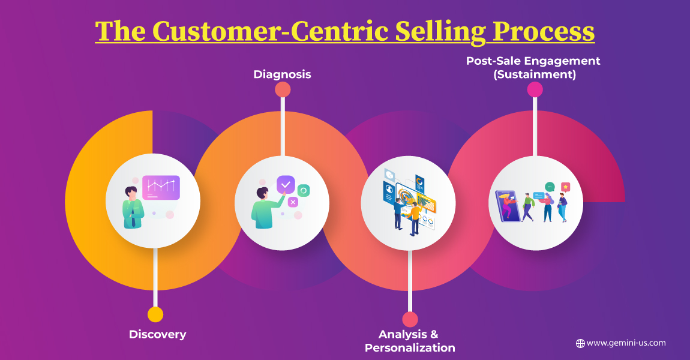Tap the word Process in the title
coord(544,32)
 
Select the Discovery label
coord(158,334)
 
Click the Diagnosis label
coord(282,74)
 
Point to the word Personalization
coord(410,347)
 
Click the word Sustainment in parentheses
coord(535,74)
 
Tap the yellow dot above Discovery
coord(155,314)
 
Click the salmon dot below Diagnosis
coord(283,89)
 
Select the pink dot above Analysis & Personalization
coord(410,320)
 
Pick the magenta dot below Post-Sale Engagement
coord(535,89)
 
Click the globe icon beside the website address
coord(580,343)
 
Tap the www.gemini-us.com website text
coord(626,343)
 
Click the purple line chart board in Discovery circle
coord(161,188)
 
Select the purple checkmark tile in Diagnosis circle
coord(286,184)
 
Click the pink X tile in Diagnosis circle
coord(293,202)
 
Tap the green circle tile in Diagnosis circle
coord(303,191)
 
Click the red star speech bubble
coord(565,187)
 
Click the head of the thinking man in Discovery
coord(131,193)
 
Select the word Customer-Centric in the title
coord(270,32)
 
